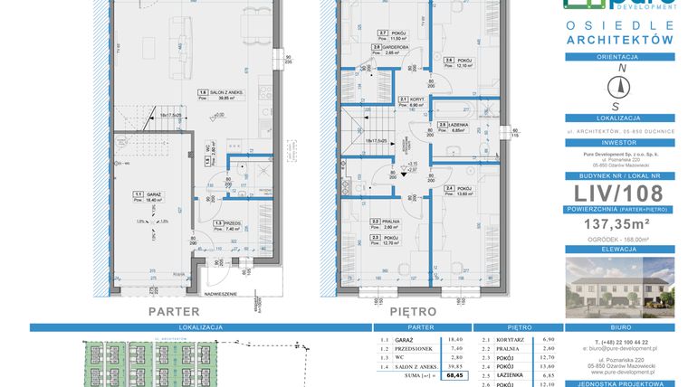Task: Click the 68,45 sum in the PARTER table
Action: click(x=457, y=373)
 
